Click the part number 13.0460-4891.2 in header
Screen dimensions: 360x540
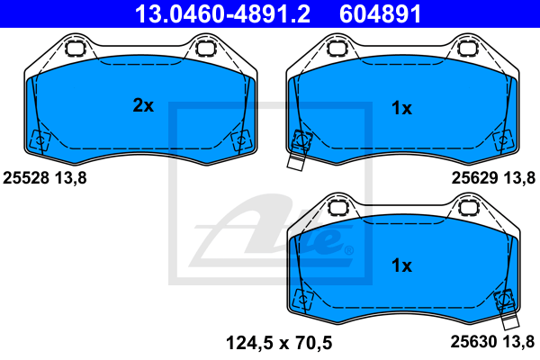click(x=220, y=13)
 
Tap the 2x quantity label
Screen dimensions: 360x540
click(x=143, y=106)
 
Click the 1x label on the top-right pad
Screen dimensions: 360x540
click(x=401, y=109)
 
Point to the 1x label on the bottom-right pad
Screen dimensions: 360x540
click(x=401, y=265)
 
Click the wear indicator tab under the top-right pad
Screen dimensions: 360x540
click(x=295, y=162)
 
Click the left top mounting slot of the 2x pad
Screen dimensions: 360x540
click(x=76, y=48)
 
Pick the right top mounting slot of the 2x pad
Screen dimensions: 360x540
click(x=207, y=48)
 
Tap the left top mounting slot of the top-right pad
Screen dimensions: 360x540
click(x=337, y=48)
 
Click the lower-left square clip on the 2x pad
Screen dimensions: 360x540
click(x=40, y=140)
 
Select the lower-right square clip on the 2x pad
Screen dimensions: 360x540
click(x=241, y=140)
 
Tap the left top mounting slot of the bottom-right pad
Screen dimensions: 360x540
click(x=337, y=207)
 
